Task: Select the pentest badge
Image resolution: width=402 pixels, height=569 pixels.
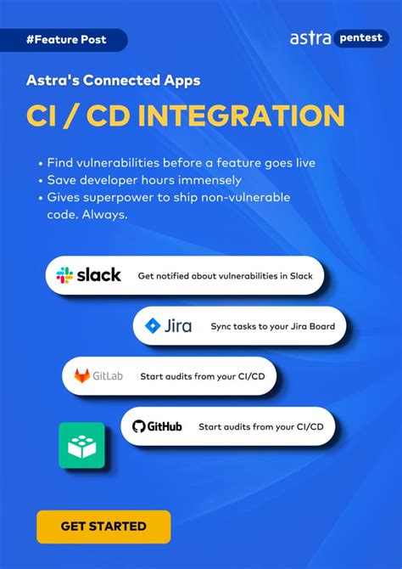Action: click(x=360, y=38)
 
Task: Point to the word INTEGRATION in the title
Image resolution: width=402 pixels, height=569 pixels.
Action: click(x=243, y=116)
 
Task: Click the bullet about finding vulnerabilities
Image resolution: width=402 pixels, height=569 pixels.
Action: click(x=181, y=163)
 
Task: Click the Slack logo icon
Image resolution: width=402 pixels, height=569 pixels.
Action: click(x=64, y=275)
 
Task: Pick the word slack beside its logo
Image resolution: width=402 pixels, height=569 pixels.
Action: click(x=99, y=275)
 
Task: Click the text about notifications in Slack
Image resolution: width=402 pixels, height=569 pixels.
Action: click(x=225, y=276)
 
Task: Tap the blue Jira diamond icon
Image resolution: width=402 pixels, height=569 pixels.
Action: click(x=153, y=326)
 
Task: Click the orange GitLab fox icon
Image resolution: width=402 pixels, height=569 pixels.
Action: click(x=82, y=376)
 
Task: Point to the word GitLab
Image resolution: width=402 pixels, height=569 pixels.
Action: click(x=109, y=376)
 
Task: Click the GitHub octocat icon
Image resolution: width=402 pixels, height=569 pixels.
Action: click(x=140, y=426)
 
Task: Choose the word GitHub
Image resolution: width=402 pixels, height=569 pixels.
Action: click(x=165, y=426)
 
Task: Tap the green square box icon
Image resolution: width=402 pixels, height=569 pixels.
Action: click(x=81, y=446)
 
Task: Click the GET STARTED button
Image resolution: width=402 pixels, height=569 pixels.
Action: click(x=103, y=527)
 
